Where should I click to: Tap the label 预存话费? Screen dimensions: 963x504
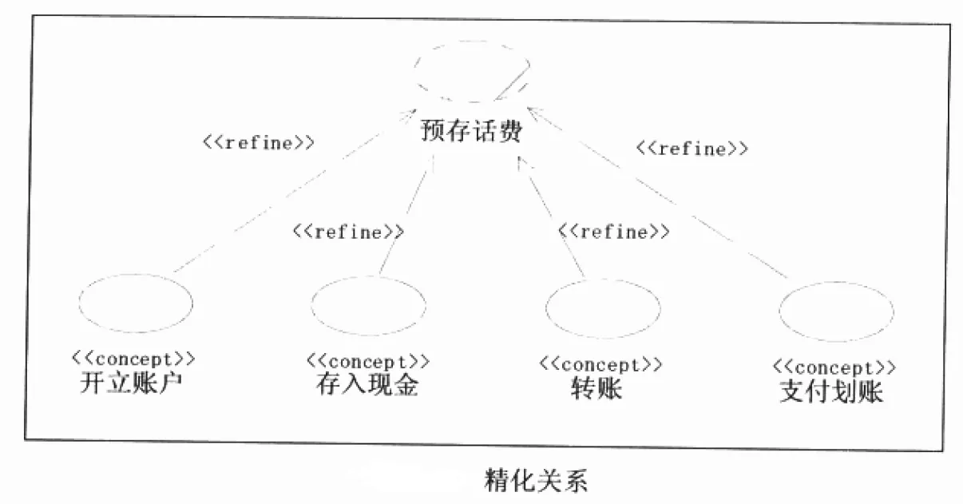tap(471, 130)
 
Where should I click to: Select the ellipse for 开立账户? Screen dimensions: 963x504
tap(136, 304)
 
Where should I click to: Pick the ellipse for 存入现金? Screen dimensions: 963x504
tap(368, 305)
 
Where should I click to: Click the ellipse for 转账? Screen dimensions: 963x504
tap(603, 308)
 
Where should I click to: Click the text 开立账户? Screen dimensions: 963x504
tap(133, 383)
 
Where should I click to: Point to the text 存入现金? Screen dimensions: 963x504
tap(367, 386)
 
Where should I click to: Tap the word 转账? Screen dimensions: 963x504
tap(597, 389)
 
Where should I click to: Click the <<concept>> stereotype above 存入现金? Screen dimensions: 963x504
tap(367, 361)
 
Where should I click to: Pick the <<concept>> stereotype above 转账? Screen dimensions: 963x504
tap(600, 364)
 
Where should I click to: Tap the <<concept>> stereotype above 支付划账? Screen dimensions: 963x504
tap(834, 367)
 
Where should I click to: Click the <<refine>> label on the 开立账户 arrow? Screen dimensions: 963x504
tap(257, 143)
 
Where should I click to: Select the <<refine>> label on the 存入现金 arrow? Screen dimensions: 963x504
tap(348, 232)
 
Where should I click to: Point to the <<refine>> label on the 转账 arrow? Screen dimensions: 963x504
tap(613, 232)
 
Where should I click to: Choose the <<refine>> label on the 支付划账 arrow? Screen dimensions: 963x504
tap(692, 149)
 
